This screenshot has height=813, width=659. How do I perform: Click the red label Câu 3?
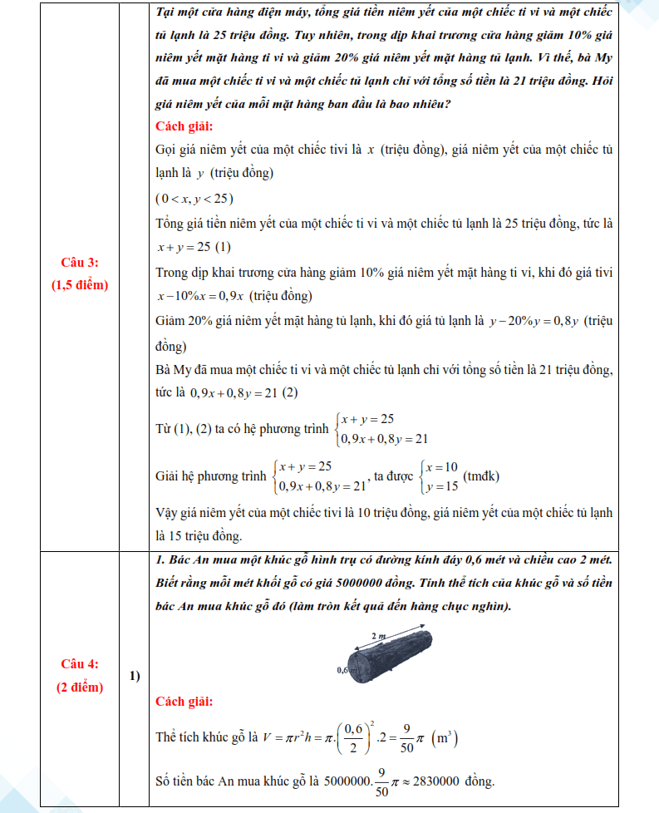(80, 263)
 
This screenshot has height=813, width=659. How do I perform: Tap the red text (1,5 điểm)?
(80, 284)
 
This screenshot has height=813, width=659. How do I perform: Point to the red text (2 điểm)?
(80, 687)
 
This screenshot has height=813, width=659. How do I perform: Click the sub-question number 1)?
(135, 675)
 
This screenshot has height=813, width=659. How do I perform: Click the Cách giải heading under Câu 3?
(184, 126)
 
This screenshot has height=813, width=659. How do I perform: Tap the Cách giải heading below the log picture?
(184, 702)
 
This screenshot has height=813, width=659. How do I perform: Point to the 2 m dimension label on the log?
(379, 635)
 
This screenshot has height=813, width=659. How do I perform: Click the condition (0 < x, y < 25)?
(194, 199)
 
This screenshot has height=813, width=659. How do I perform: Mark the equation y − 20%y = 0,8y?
(535, 320)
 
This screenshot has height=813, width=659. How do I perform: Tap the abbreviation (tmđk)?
(482, 476)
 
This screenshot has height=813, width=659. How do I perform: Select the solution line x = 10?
(442, 467)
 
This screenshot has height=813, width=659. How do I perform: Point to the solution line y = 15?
(442, 486)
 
